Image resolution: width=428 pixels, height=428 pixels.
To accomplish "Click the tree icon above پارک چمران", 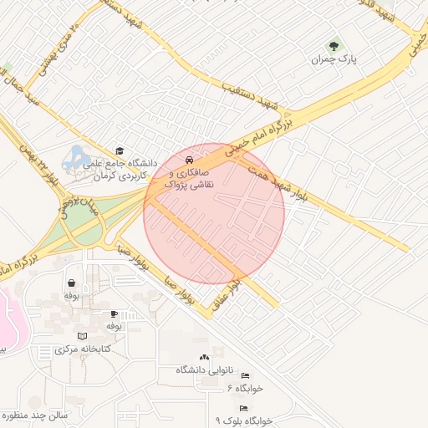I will [x=334, y=45].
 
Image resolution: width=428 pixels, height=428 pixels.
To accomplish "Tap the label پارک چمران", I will [x=334, y=59].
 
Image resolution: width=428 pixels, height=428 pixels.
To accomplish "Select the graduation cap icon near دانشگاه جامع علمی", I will [x=119, y=151].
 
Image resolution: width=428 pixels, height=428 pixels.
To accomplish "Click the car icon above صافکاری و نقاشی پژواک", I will [x=190, y=159].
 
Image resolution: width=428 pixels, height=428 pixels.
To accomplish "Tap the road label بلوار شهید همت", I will [x=277, y=184].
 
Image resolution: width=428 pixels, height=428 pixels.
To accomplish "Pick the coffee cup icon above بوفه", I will [x=114, y=313].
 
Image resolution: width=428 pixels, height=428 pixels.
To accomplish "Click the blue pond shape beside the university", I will [x=78, y=156].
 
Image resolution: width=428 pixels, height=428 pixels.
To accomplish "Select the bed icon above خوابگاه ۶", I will [x=245, y=376].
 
